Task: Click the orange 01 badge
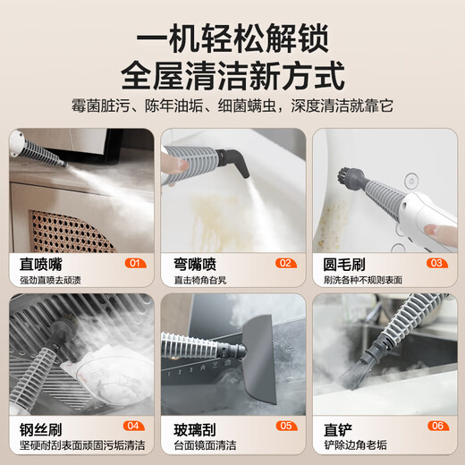click(x=134, y=263)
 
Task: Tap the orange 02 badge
click(x=285, y=263)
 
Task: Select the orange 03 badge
click(x=436, y=263)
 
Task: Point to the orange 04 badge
click(x=134, y=427)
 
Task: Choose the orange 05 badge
click(x=285, y=427)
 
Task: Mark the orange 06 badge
click(x=436, y=427)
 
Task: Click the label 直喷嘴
click(x=41, y=263)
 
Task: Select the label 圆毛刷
click(x=343, y=263)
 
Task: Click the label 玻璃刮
click(x=192, y=427)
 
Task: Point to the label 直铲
click(x=336, y=427)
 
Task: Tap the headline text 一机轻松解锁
click(x=232, y=38)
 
